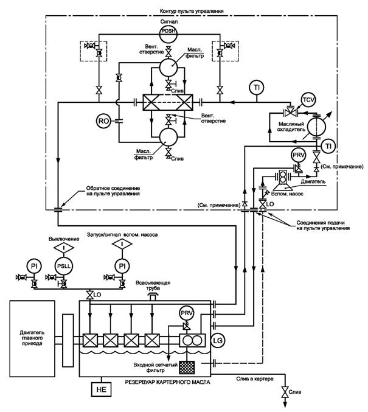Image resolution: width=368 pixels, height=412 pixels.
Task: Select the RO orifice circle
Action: pyautogui.click(x=103, y=121)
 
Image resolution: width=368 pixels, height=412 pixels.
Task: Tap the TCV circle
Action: pyautogui.click(x=308, y=100)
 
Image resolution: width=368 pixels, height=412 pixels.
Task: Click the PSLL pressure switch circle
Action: pyautogui.click(x=64, y=266)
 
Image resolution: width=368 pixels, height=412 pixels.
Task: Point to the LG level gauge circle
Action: pyautogui.click(x=218, y=341)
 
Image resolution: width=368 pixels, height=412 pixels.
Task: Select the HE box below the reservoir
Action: pyautogui.click(x=101, y=389)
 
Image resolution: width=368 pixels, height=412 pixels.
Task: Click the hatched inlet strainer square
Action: pyautogui.click(x=187, y=368)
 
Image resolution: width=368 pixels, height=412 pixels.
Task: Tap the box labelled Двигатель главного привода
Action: pyautogui.click(x=32, y=338)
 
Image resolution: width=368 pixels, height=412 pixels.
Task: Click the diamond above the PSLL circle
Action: pyautogui.click(x=64, y=248)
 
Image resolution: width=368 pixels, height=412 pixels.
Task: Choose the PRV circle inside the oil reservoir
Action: pyautogui.click(x=187, y=313)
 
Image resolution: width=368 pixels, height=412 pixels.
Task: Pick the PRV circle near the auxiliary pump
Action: pyautogui.click(x=299, y=155)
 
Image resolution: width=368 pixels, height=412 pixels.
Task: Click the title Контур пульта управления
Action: pyautogui.click(x=192, y=11)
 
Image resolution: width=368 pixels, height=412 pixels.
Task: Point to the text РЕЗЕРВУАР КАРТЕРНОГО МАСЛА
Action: pyautogui.click(x=168, y=382)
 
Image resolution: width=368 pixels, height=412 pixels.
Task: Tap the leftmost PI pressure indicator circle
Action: pyautogui.click(x=34, y=266)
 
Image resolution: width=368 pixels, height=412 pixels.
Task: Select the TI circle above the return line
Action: pyautogui.click(x=257, y=88)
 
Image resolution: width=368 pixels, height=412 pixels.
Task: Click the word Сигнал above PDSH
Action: pyautogui.click(x=169, y=21)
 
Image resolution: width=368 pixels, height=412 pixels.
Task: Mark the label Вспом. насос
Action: pyautogui.click(x=287, y=194)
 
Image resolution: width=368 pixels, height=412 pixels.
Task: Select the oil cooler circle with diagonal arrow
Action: pyautogui.click(x=316, y=127)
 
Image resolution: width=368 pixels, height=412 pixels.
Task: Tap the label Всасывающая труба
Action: pyautogui.click(x=153, y=285)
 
